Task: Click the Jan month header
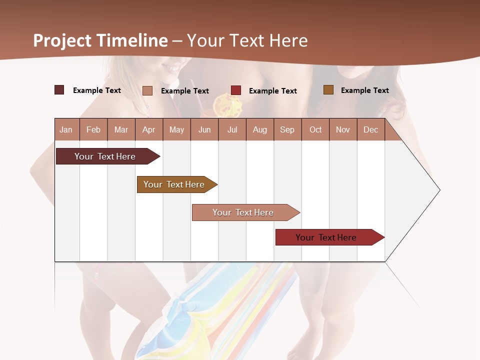[x=66, y=129]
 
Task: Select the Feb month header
[x=93, y=129]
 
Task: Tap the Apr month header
[x=148, y=129]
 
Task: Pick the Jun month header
[x=204, y=129]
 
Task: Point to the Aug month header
[x=259, y=129]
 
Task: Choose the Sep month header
[x=287, y=129]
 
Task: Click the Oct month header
[x=315, y=129]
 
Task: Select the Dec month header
[x=370, y=129]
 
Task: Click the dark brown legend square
[x=59, y=90]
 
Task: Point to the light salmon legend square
[x=147, y=90]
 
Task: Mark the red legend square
[x=236, y=90]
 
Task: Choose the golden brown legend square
[x=328, y=90]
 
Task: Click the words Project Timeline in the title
[x=100, y=40]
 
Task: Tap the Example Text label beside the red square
[x=272, y=91]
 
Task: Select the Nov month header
[x=342, y=129]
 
